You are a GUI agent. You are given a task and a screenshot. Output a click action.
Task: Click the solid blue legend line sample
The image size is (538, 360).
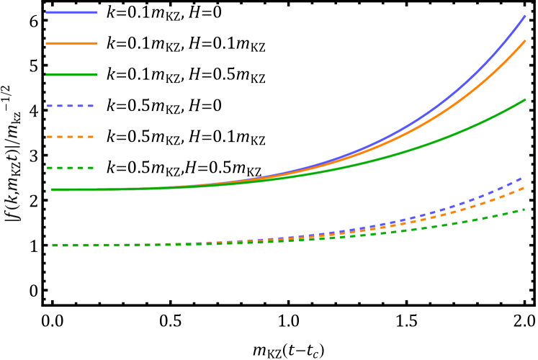point(71,12)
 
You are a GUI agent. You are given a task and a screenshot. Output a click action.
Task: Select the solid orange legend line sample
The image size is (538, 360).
point(71,43)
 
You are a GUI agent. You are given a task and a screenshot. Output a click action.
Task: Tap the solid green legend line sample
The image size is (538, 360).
point(71,75)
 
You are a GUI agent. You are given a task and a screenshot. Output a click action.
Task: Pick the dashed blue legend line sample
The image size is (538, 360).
point(71,106)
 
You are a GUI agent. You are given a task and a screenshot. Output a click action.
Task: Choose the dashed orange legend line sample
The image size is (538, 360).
point(71,137)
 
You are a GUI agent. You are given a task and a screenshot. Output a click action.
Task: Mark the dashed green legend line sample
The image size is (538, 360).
point(71,168)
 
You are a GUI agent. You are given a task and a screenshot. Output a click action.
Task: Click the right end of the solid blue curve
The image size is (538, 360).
point(525,16)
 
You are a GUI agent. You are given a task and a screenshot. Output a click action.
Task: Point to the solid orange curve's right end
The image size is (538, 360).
point(525,41)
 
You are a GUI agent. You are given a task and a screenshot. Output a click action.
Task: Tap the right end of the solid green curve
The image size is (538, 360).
point(525,99)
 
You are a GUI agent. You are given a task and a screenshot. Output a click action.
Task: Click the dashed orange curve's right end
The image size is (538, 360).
point(524,187)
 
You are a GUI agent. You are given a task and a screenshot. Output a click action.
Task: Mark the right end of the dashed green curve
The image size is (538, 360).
point(524,210)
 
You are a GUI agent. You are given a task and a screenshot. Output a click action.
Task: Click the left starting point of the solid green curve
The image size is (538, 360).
point(52,189)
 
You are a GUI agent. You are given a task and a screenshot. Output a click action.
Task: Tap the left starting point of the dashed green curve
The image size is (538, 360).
point(53,245)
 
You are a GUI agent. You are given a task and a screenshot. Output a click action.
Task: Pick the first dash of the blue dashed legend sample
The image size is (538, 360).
point(50,106)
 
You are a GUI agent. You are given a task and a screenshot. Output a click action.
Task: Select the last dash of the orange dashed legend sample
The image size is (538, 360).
point(90,137)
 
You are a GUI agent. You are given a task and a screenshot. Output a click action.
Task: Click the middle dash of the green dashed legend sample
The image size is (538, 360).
point(71,168)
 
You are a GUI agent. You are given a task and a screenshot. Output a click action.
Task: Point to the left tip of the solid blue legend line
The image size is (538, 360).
point(47,12)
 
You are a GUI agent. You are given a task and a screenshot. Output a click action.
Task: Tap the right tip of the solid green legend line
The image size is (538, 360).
point(96,75)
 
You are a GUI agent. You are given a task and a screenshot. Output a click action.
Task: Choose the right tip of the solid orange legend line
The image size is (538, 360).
point(96,43)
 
